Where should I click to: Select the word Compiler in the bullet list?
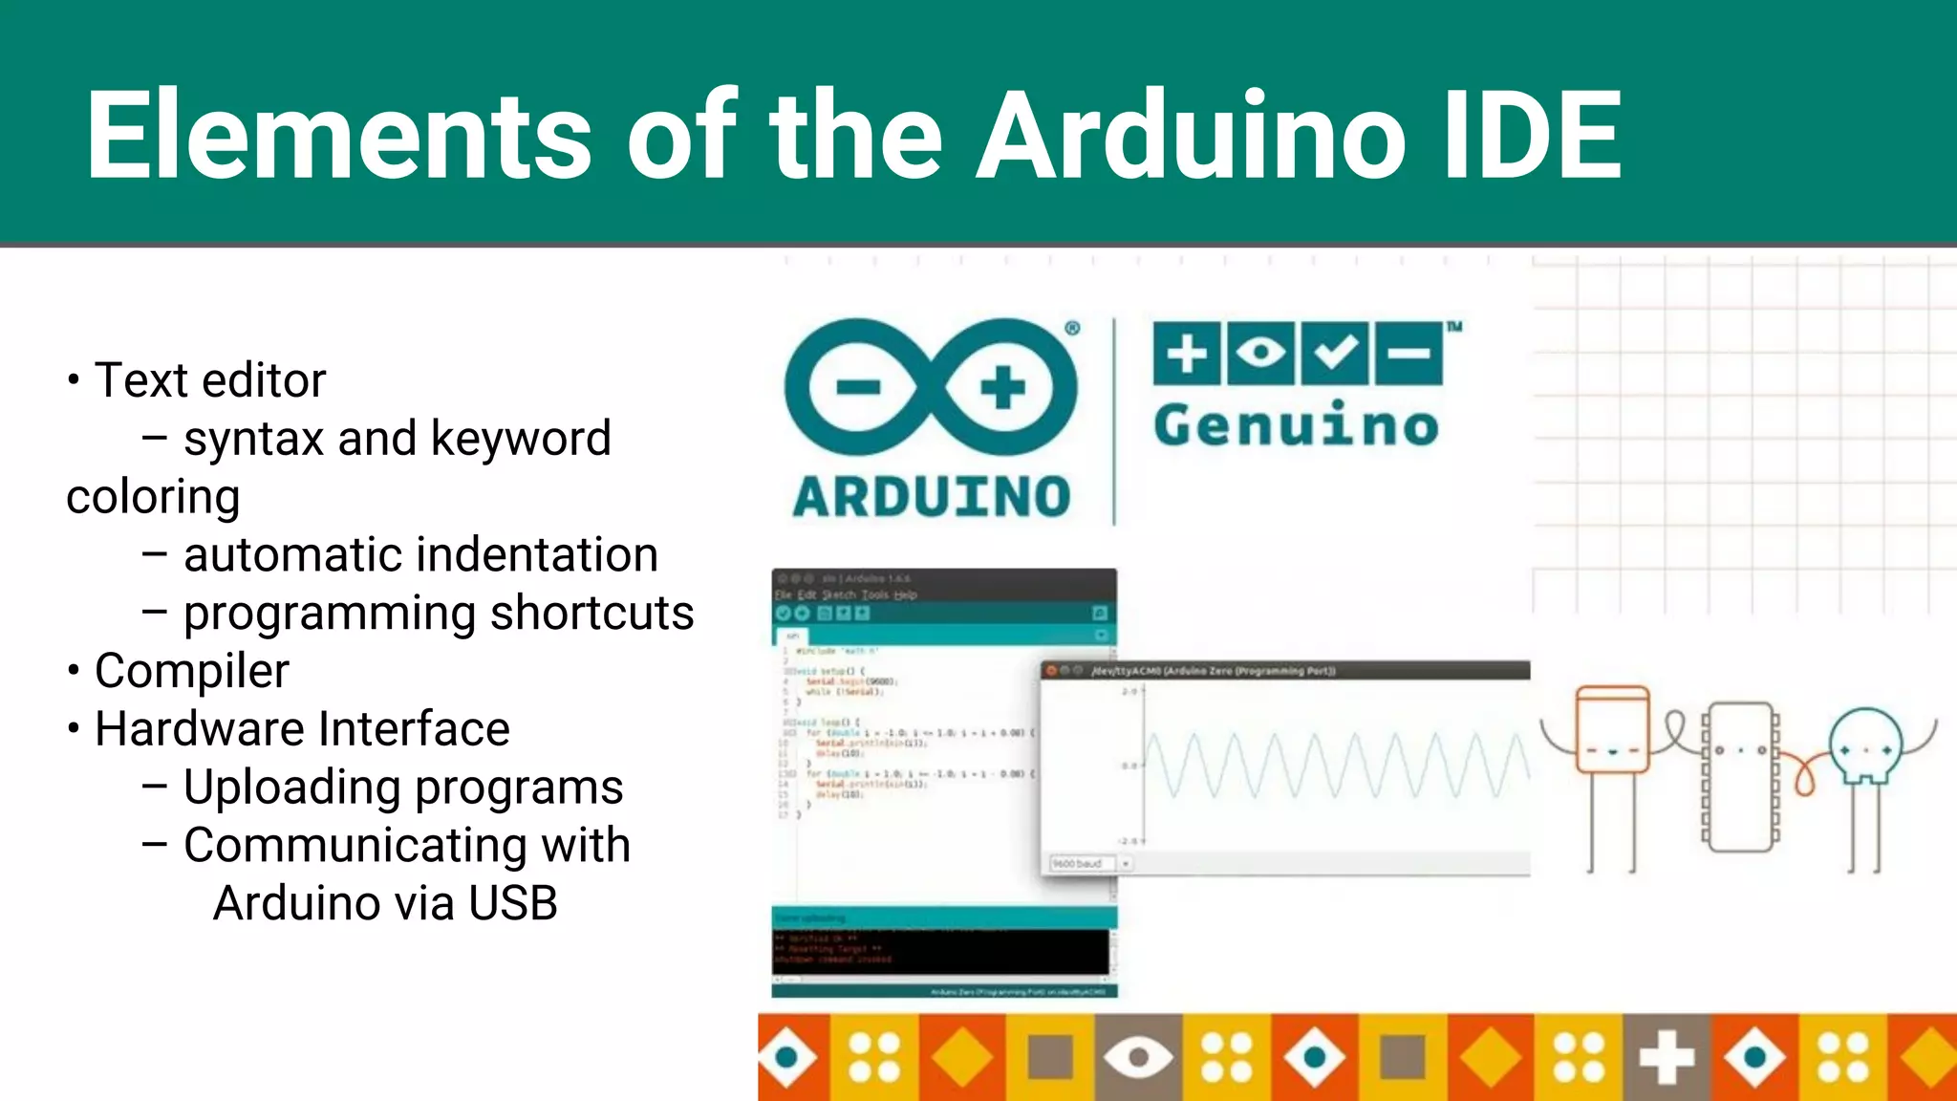pyautogui.click(x=192, y=671)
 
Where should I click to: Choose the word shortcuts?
pyautogui.click(x=591, y=614)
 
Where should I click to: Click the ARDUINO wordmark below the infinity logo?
pyautogui.click(x=932, y=497)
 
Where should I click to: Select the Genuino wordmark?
pyautogui.click(x=1296, y=425)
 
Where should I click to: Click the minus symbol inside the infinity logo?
pyautogui.click(x=858, y=387)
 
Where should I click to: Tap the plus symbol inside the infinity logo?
pyautogui.click(x=1002, y=387)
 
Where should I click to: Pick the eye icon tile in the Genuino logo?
pyautogui.click(x=1260, y=353)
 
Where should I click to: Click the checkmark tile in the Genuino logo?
pyautogui.click(x=1334, y=353)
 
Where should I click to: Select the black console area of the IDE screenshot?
pyautogui.click(x=941, y=951)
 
